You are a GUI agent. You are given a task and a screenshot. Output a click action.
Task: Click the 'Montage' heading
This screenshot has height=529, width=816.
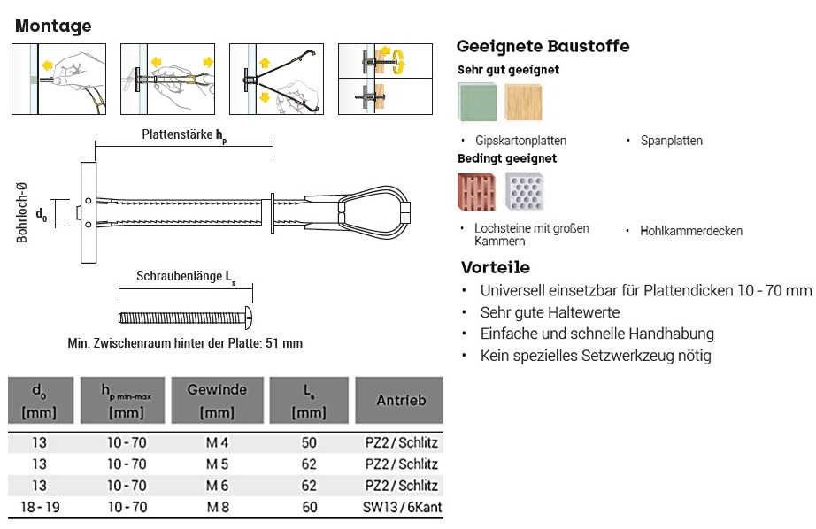click(x=53, y=26)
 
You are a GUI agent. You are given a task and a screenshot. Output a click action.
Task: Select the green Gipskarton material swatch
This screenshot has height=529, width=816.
click(x=477, y=102)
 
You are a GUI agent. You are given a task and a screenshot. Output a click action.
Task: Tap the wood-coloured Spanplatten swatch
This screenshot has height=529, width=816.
click(x=523, y=103)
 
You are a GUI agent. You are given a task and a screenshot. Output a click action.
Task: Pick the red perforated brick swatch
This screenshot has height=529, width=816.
click(x=477, y=192)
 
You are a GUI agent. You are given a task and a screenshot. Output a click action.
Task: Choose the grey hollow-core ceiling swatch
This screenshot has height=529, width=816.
click(x=525, y=192)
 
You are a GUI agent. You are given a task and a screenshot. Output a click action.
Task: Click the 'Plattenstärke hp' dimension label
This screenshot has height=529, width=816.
click(x=184, y=135)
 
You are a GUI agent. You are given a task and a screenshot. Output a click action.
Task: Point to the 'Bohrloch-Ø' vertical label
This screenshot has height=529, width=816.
click(x=21, y=212)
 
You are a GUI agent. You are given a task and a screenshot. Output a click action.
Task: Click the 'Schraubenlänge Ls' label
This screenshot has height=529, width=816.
click(x=186, y=277)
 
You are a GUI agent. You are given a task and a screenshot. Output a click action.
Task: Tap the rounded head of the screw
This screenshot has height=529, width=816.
click(x=249, y=318)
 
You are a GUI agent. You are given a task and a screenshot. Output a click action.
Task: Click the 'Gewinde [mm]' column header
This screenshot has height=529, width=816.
click(x=217, y=401)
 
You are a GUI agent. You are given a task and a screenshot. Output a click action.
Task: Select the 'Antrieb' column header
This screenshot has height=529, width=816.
click(x=401, y=400)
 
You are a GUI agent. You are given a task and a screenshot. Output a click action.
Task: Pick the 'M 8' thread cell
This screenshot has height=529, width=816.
click(x=218, y=507)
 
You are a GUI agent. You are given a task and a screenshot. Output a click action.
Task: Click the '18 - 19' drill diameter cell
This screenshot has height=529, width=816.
click(x=40, y=507)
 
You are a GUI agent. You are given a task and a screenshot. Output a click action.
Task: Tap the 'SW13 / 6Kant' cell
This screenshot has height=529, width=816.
click(x=403, y=507)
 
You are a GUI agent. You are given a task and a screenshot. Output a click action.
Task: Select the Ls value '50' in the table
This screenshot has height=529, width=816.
click(x=309, y=442)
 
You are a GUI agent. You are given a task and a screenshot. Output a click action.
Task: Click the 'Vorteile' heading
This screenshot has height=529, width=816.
click(x=496, y=267)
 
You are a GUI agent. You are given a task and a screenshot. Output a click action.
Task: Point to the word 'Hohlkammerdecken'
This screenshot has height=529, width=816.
click(x=691, y=231)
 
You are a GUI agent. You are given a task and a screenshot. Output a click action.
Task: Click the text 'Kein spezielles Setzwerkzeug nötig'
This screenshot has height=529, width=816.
click(x=596, y=356)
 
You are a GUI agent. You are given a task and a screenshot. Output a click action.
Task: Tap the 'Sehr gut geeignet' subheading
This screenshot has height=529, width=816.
click(x=508, y=70)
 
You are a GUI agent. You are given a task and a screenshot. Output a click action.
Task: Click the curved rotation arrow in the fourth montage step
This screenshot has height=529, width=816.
click(x=400, y=61)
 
